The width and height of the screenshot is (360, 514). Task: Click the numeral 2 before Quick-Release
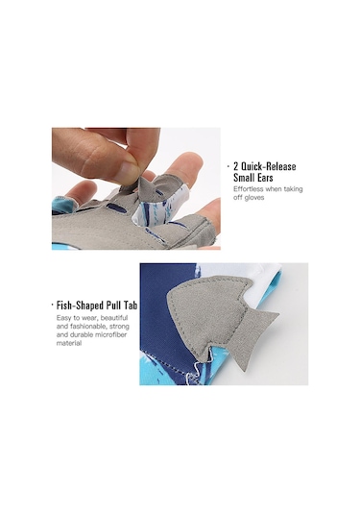pos(236,166)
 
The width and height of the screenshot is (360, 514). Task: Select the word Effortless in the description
pos(249,189)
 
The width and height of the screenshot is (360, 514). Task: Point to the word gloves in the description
pos(253,198)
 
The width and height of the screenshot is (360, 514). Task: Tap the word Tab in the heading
pos(131,306)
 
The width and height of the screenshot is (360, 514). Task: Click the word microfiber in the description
pos(110,335)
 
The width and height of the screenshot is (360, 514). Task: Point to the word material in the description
pos(69,344)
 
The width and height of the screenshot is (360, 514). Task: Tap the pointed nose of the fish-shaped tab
pos(169,297)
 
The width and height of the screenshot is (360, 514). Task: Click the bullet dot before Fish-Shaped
pos(52,306)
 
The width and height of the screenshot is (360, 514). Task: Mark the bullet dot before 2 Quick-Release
pos(228,166)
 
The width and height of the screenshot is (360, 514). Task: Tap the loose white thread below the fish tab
pos(193,372)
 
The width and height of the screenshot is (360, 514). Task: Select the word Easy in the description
pos(63,318)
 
